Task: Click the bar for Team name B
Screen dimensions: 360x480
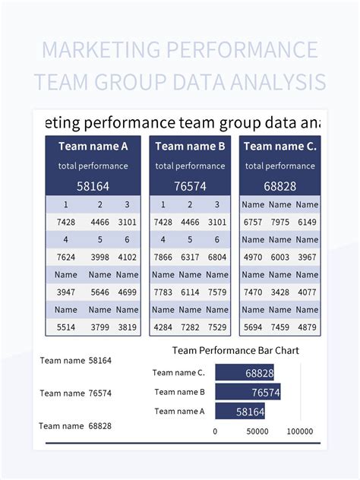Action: [248, 392]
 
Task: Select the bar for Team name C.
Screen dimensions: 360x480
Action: [245, 373]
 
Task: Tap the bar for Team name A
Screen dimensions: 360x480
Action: [240, 411]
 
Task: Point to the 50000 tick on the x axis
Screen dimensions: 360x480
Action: [257, 431]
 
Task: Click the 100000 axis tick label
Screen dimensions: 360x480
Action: [300, 431]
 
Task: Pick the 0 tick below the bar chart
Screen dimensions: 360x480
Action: [215, 431]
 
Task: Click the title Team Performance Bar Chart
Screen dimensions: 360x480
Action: [235, 351]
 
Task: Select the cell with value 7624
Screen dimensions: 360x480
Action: [66, 257]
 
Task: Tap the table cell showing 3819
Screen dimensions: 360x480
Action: [127, 327]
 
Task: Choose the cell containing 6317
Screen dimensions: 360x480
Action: [190, 257]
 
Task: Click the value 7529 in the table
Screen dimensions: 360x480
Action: [217, 327]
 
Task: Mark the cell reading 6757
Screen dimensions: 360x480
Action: [253, 222]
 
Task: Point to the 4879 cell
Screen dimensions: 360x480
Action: [307, 327]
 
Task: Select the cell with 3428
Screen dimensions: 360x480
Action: [279, 292]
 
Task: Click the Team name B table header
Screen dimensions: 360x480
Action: [190, 147]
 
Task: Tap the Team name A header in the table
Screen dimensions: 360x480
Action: [93, 147]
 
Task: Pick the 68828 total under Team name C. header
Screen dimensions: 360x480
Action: [279, 186]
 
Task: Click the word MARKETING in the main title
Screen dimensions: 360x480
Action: [101, 49]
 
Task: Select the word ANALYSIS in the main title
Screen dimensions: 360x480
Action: [278, 82]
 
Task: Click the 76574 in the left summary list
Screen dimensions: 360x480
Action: [99, 393]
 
